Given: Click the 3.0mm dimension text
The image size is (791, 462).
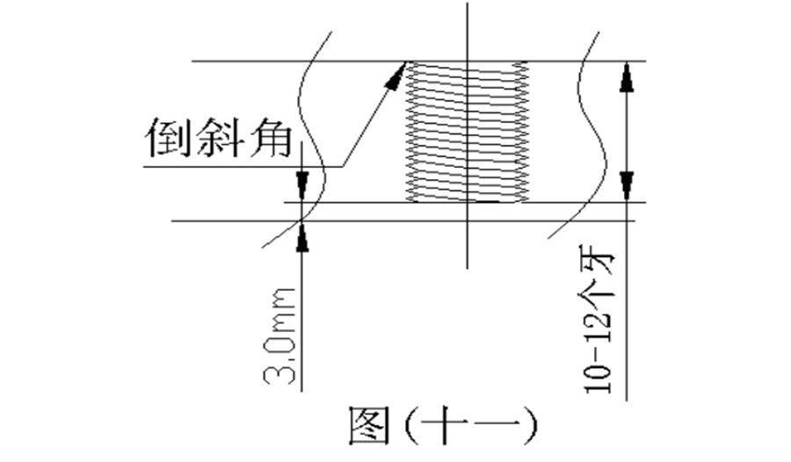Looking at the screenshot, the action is pyautogui.click(x=279, y=336).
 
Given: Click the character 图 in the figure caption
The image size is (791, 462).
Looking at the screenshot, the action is pyautogui.click(x=369, y=426).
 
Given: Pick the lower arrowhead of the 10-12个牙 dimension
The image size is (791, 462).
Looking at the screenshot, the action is pyautogui.click(x=627, y=186).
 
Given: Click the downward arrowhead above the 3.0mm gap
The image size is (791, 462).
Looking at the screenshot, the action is pyautogui.click(x=301, y=186).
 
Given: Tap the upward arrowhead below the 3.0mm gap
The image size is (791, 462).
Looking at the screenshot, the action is pyautogui.click(x=301, y=236).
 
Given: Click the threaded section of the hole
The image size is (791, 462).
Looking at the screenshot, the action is pyautogui.click(x=468, y=132).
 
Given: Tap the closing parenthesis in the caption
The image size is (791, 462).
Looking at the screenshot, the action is pyautogui.click(x=530, y=427).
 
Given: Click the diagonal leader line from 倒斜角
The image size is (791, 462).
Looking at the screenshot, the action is pyautogui.click(x=374, y=114).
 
